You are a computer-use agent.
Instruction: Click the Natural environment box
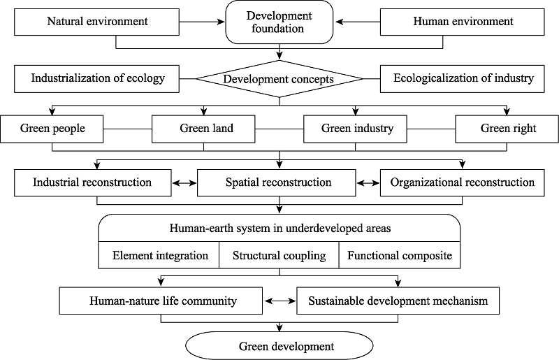96,22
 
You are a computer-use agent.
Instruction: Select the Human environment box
463,22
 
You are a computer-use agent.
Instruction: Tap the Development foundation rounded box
279,22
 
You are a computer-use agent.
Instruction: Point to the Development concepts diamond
279,78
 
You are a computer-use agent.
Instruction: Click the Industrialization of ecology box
96,79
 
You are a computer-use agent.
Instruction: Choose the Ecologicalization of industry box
463,79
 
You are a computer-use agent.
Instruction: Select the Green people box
52,129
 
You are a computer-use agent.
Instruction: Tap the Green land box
203,129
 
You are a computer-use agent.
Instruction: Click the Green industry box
355,129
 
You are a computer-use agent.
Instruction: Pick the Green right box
507,129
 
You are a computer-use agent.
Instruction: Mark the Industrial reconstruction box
93,182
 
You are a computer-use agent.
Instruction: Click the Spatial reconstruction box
277,182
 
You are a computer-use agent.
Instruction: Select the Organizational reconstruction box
463,182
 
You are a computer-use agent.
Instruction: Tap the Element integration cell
159,255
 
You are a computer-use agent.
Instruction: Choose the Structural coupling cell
279,255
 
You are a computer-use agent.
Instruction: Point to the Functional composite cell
400,255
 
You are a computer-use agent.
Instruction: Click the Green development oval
279,346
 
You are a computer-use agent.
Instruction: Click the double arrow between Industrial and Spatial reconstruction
184,183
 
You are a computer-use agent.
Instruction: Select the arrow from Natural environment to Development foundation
202,22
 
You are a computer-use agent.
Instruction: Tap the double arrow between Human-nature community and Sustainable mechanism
280,301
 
